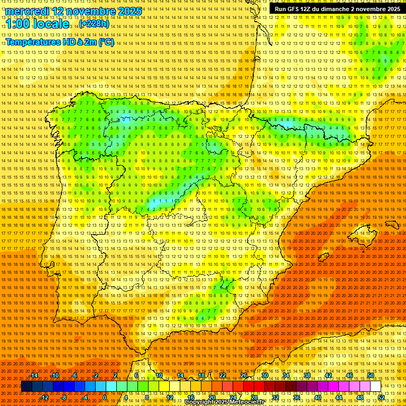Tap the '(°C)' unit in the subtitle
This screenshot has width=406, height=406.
[x=106, y=42]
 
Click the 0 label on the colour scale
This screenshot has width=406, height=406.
[x=105, y=398]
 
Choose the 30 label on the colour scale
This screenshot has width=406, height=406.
[x=264, y=375]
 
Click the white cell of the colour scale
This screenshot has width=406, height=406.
[x=376, y=386]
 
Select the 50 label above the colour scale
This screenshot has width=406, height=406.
[x=371, y=375]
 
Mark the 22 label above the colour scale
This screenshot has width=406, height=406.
[x=222, y=375]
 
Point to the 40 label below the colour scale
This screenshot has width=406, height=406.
[x=318, y=398]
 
